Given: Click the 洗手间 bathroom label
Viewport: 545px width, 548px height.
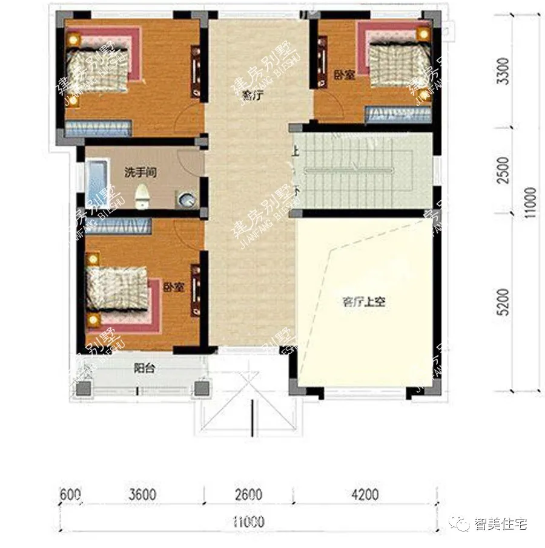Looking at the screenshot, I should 140,173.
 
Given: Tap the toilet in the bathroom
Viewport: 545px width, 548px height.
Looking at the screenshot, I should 142,196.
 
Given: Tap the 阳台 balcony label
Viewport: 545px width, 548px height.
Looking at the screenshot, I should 143,367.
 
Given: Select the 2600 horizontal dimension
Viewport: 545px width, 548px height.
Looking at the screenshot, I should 248,495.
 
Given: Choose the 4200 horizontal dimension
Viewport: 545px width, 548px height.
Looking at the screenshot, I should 364,495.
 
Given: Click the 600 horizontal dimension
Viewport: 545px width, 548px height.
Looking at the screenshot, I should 70,495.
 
